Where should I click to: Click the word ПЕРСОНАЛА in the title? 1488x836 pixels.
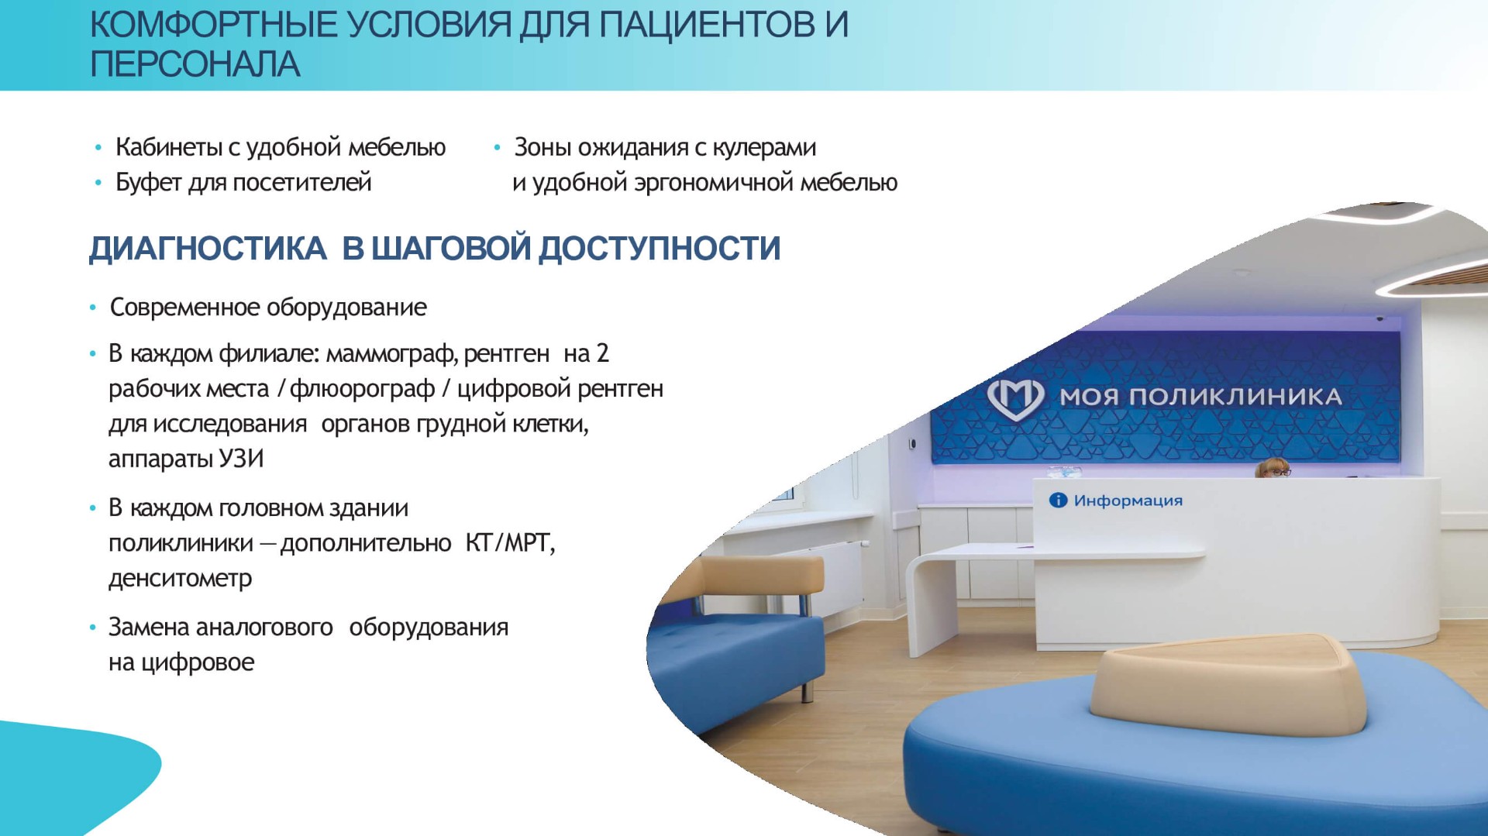(x=195, y=64)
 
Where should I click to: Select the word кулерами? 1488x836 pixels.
(x=764, y=147)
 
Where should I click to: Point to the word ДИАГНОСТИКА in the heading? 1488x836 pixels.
(x=208, y=249)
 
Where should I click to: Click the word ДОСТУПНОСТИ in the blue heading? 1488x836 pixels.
(x=660, y=249)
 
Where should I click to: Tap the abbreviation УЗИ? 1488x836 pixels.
(x=241, y=459)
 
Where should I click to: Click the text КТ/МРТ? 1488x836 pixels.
(x=510, y=543)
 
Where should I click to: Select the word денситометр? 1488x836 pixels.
(x=181, y=579)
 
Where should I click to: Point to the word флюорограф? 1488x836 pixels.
(x=362, y=389)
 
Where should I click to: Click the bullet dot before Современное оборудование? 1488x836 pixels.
(x=93, y=308)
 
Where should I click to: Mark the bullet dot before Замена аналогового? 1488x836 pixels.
(x=93, y=628)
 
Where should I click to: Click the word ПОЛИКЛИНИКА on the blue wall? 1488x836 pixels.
(x=1235, y=397)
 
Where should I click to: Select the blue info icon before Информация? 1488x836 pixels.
(x=1058, y=501)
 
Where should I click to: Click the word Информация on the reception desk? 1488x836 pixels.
(x=1128, y=501)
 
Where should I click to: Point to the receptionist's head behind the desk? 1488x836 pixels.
(x=1272, y=467)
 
